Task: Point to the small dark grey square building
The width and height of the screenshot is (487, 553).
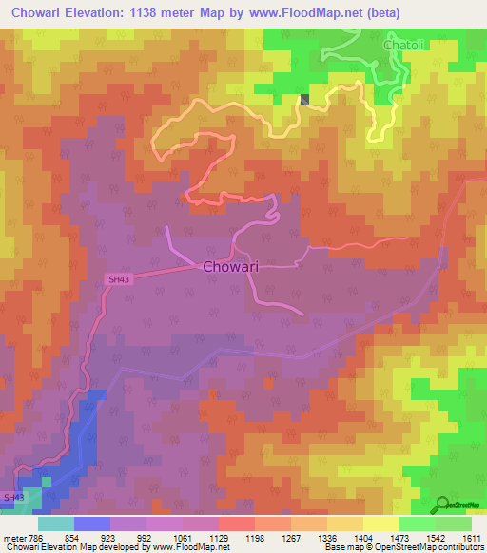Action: click(305, 99)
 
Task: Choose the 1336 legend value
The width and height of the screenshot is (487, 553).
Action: click(326, 538)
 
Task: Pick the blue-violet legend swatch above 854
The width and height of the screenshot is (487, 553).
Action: click(92, 524)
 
